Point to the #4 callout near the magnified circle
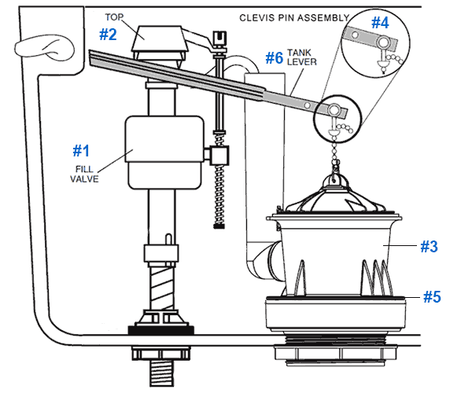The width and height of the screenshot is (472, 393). (380, 23)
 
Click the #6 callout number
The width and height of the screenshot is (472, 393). (275, 57)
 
